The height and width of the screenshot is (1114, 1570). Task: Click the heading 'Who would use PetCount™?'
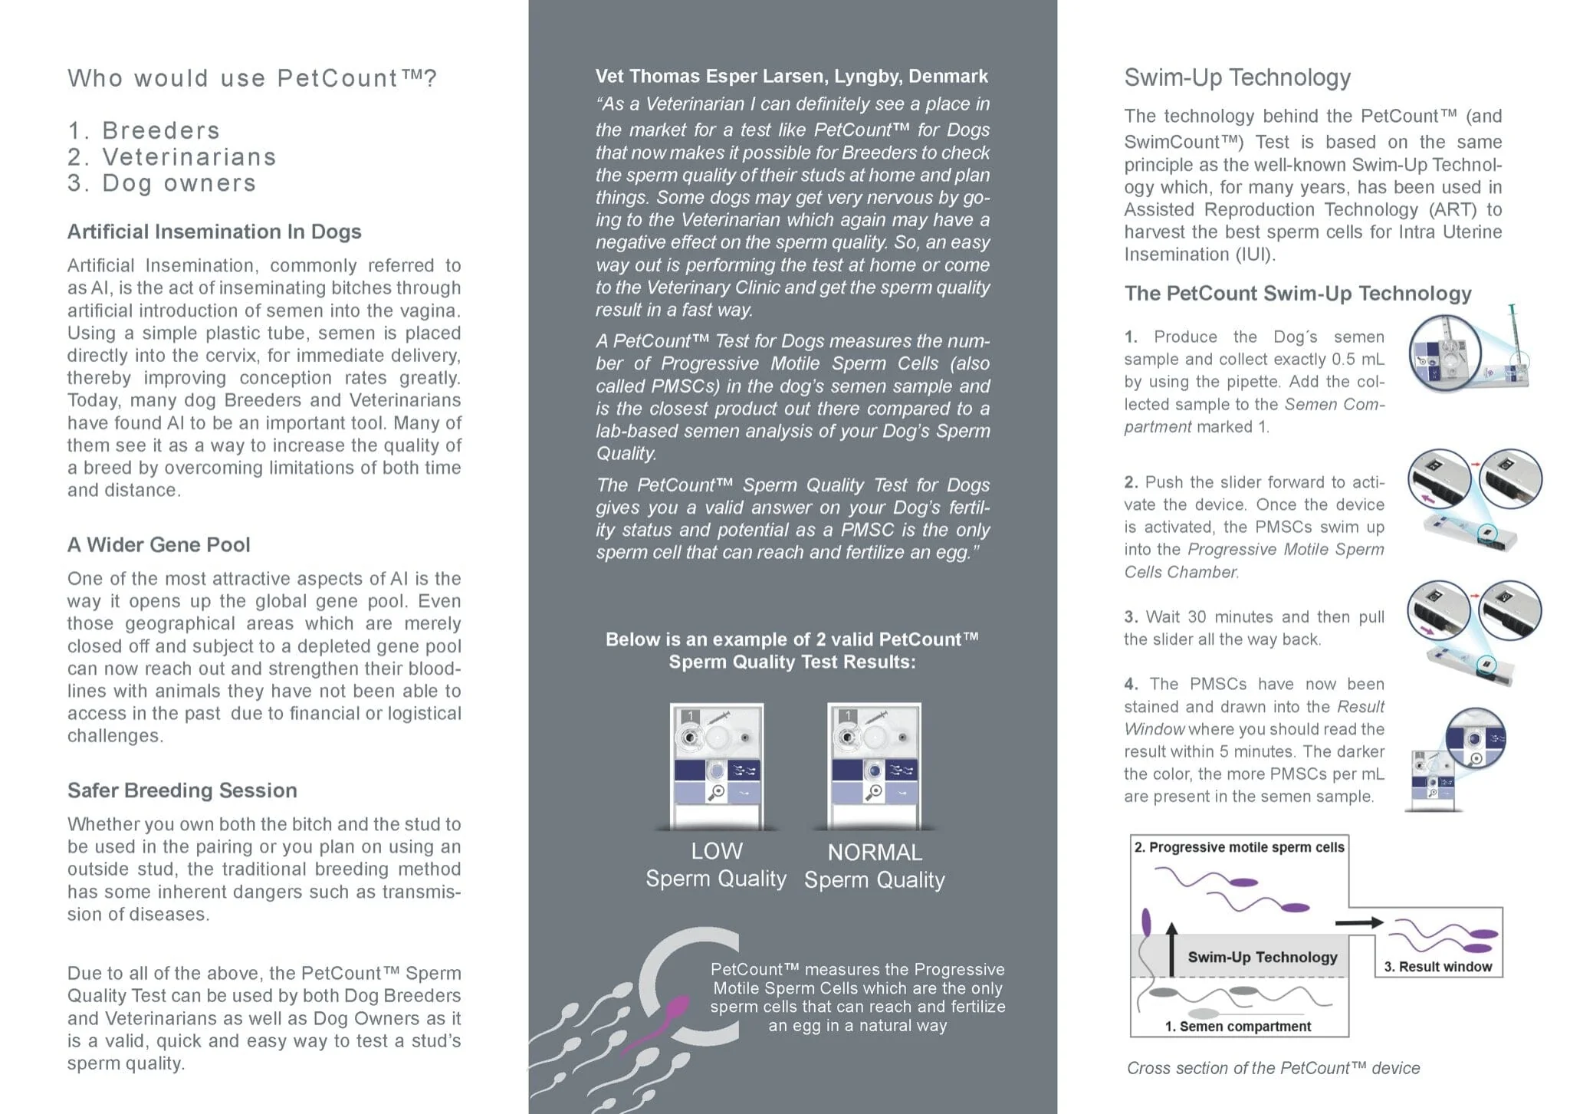(x=252, y=78)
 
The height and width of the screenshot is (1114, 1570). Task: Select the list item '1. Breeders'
(x=143, y=130)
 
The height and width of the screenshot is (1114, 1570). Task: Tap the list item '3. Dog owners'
(x=162, y=183)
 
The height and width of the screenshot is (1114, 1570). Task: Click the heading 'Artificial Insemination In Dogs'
(x=214, y=232)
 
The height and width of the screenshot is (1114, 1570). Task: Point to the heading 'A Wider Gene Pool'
(x=159, y=544)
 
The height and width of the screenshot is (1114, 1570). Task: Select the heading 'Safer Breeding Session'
(x=182, y=790)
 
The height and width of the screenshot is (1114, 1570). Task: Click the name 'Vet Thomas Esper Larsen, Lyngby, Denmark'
(x=792, y=76)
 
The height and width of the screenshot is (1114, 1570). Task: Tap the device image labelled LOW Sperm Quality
(x=717, y=767)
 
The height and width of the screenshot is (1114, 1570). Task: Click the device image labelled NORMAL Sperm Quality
(x=874, y=767)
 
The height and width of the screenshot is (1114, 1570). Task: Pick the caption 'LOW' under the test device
(x=717, y=851)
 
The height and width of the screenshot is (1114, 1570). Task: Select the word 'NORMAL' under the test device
(x=875, y=853)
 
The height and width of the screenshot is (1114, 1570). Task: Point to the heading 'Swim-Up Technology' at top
(x=1237, y=77)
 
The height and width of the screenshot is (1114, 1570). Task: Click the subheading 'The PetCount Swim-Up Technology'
(x=1298, y=294)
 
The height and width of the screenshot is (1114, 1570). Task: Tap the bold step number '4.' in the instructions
(x=1132, y=684)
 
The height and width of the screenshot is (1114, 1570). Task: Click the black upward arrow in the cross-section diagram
(x=1171, y=949)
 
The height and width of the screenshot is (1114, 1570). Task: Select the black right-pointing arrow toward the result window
(x=1358, y=923)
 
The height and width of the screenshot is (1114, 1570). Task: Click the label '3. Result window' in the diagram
(x=1437, y=967)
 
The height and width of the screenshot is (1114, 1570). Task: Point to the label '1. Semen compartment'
(x=1237, y=1027)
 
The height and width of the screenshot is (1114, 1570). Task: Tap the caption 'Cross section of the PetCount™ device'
(x=1273, y=1068)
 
